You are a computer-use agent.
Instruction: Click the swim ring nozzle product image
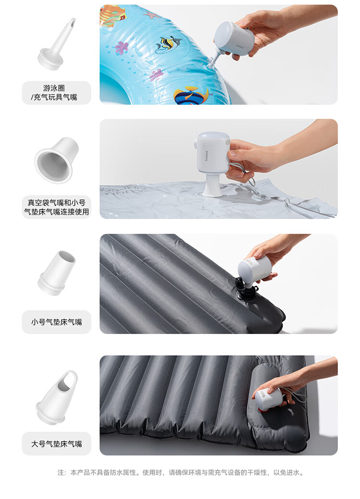tap(57, 45)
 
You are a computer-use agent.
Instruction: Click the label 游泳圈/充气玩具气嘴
tap(54, 93)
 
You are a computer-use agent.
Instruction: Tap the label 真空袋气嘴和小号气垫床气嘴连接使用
tap(56, 207)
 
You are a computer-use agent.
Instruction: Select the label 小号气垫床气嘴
tap(56, 322)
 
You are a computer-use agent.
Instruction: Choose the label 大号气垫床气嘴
tap(56, 444)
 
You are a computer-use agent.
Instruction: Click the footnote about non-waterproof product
tap(180, 473)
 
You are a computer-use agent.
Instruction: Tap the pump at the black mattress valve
tap(255, 269)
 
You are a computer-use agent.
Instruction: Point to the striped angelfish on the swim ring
tap(168, 44)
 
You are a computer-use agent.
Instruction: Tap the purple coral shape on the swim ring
tap(121, 48)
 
